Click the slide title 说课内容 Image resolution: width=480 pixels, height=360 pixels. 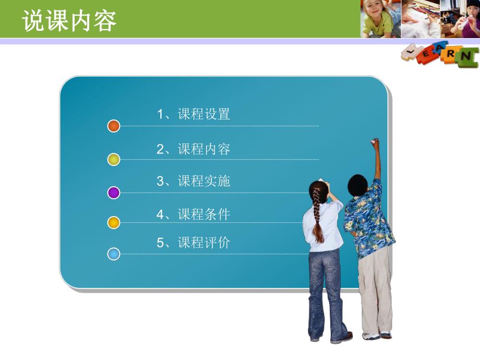[x=69, y=21]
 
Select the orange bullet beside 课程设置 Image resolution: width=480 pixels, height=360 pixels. [x=114, y=126]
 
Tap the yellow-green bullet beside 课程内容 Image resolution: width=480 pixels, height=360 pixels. [x=114, y=160]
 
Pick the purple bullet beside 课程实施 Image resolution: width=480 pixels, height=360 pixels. [x=114, y=193]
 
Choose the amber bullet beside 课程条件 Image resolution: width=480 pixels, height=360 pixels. [x=114, y=223]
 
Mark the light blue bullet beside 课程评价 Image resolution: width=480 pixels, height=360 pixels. [x=114, y=254]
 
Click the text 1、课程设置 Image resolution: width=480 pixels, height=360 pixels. [x=194, y=114]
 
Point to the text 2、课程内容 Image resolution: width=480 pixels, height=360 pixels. [x=194, y=149]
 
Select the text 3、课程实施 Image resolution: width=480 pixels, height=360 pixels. [x=194, y=182]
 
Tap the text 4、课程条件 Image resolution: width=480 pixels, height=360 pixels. [x=194, y=214]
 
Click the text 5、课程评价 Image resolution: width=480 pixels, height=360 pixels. [x=194, y=243]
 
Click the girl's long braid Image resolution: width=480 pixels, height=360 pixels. [x=317, y=219]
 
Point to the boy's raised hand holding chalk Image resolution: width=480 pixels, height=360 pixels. [x=375, y=142]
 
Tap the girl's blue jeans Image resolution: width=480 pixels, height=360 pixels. [x=325, y=292]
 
